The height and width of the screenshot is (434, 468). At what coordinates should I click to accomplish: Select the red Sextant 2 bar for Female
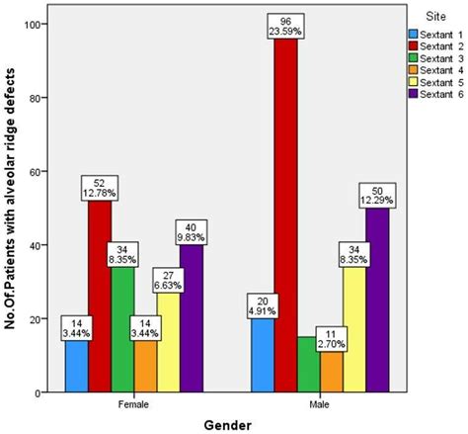(101, 297)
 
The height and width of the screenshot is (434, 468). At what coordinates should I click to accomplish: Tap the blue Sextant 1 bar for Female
(77, 366)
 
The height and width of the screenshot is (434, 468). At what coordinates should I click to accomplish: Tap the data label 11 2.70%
(331, 339)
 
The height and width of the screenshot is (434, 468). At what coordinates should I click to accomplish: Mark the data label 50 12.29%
(378, 196)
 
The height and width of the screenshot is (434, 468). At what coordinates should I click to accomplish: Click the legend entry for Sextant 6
(433, 94)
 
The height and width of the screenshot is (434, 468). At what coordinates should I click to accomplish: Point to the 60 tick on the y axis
(37, 171)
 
